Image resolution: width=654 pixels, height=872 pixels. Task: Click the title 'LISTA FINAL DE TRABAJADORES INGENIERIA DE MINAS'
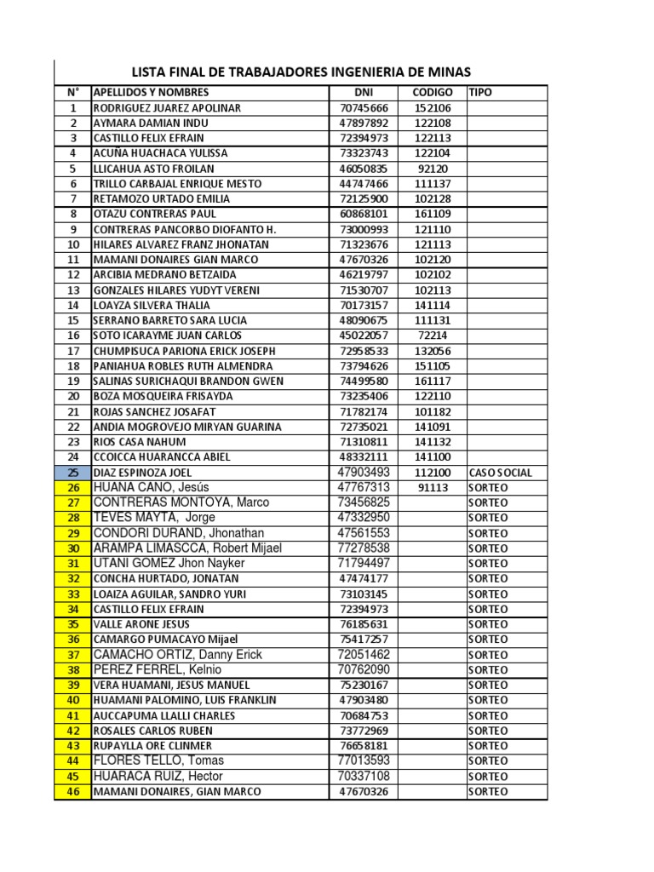[301, 72]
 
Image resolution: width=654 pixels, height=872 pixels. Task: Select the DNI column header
[364, 92]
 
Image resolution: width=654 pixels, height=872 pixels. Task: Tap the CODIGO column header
[433, 92]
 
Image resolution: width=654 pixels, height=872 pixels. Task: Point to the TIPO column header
[480, 92]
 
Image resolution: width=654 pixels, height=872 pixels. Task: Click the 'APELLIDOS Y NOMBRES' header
[151, 92]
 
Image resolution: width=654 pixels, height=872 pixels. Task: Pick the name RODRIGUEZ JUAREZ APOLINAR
[167, 108]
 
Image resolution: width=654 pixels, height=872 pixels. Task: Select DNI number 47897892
[364, 123]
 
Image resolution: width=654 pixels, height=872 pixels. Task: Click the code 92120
[433, 169]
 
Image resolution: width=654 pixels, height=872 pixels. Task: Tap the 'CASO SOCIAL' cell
[500, 473]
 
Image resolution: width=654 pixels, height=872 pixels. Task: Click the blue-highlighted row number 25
[73, 473]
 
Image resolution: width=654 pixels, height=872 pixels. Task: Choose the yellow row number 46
[73, 792]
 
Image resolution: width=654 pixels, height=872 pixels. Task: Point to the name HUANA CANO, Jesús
[148, 487]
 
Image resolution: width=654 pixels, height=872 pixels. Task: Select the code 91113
[433, 488]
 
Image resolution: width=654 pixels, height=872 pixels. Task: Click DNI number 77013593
[364, 760]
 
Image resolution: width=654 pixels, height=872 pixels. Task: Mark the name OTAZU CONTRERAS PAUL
[154, 214]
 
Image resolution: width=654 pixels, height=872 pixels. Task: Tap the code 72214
[433, 336]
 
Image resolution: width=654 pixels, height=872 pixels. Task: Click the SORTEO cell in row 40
[488, 700]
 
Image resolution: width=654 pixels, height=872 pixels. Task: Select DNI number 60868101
[364, 214]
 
